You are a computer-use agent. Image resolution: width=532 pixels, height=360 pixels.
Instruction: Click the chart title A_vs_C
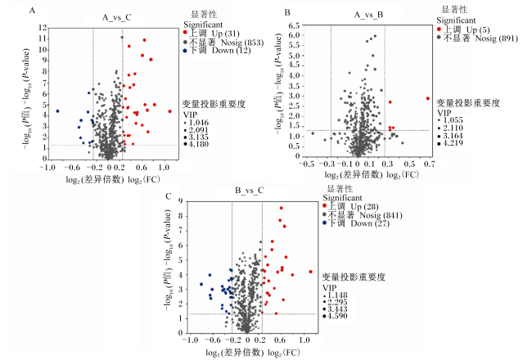pyautogui.click(x=117, y=17)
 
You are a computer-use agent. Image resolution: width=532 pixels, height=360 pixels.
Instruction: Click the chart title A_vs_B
pyautogui.click(x=368, y=15)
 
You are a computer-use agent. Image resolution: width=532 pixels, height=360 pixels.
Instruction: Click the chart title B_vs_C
pyautogui.click(x=250, y=190)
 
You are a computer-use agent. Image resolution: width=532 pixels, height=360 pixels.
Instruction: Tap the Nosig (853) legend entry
pyautogui.click(x=223, y=42)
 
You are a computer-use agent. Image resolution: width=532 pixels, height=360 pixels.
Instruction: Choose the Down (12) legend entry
pyautogui.click(x=217, y=51)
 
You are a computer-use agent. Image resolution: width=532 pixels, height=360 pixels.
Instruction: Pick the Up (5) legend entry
pyautogui.click(x=463, y=29)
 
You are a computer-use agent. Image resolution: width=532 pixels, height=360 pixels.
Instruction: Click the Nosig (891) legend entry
pyautogui.click(x=477, y=38)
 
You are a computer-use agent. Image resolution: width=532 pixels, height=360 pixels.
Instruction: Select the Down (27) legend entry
pyautogui.click(x=356, y=223)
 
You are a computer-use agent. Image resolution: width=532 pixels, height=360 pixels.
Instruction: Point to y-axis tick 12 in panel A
pyautogui.click(x=43, y=28)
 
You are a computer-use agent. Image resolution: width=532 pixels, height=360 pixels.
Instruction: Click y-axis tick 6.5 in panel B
pyautogui.click(x=295, y=25)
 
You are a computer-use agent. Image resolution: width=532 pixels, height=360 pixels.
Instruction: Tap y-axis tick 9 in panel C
pyautogui.click(x=180, y=201)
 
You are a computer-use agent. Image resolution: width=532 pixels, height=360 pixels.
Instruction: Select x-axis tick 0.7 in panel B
pyautogui.click(x=429, y=164)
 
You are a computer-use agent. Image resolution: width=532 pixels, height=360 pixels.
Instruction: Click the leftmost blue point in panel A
pyautogui.click(x=57, y=111)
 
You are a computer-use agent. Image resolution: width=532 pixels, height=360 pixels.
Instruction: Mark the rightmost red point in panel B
pyautogui.click(x=428, y=98)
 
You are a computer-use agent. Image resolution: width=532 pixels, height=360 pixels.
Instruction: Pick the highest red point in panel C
pyautogui.click(x=281, y=208)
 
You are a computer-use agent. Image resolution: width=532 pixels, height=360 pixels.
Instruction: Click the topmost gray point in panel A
pyautogui.click(x=122, y=38)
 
